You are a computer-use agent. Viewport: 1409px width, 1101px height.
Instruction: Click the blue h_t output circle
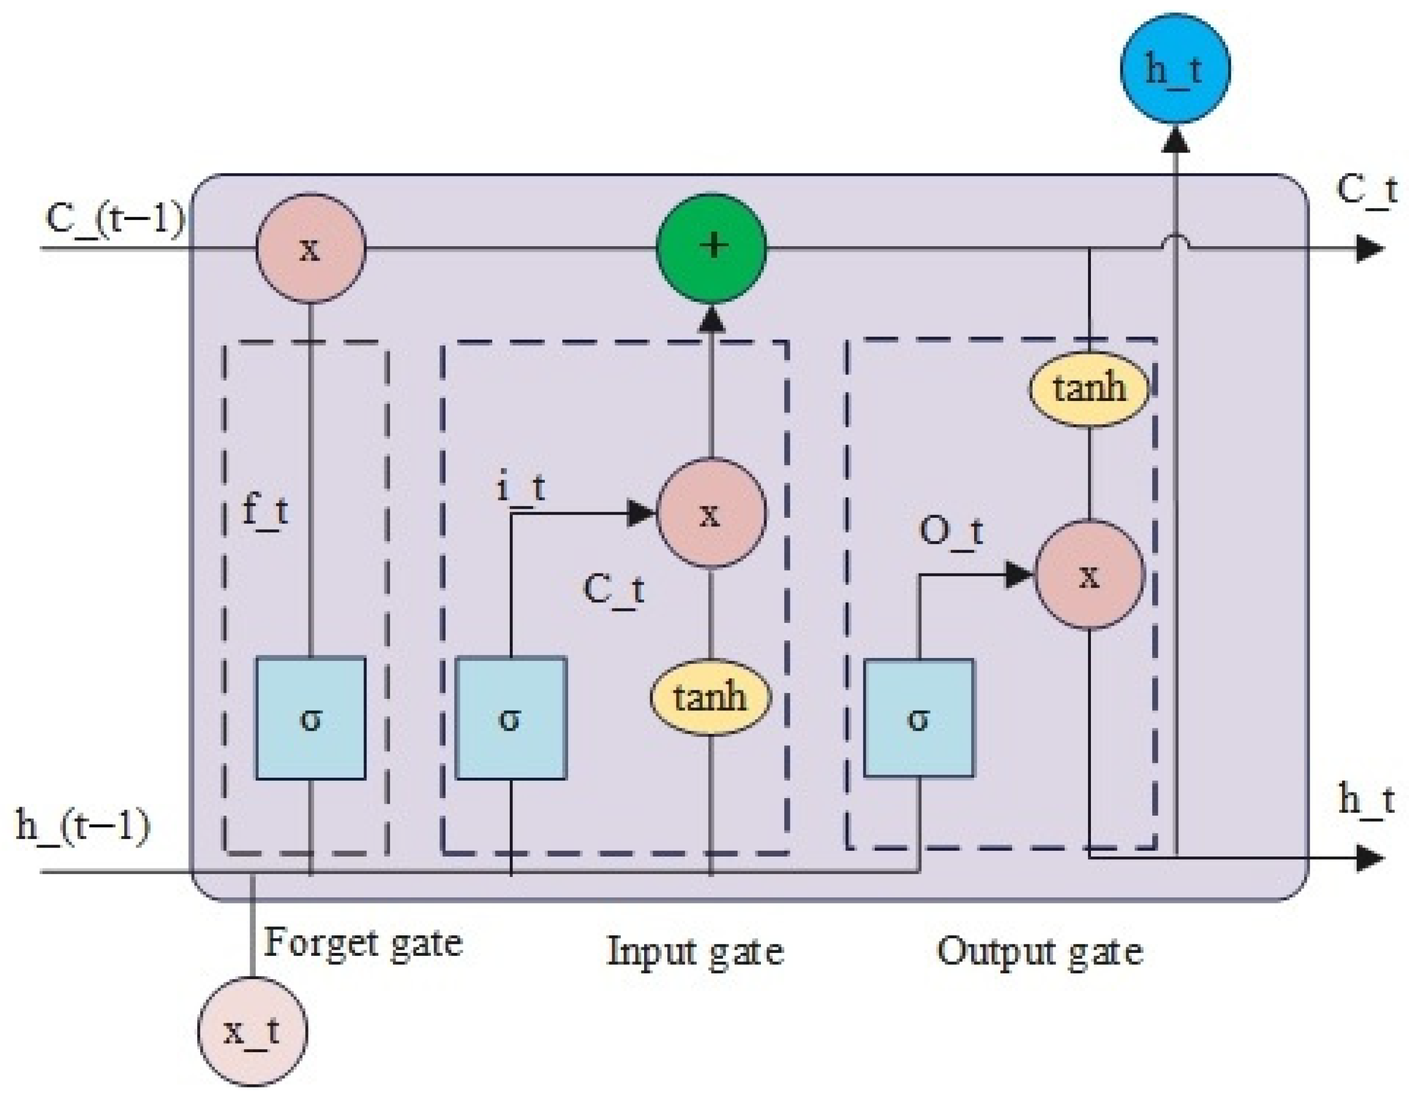point(1175,69)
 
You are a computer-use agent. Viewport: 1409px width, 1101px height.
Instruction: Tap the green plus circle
point(712,247)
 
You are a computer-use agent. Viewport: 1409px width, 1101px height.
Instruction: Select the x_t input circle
point(252,1031)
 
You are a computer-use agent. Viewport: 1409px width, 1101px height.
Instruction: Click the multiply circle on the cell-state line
point(311,248)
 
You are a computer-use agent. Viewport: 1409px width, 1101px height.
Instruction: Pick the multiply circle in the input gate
point(711,514)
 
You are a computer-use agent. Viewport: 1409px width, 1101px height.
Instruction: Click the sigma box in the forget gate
point(311,718)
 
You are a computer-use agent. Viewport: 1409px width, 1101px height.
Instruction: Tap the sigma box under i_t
point(511,718)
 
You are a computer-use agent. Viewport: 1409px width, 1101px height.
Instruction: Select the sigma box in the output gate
point(919,718)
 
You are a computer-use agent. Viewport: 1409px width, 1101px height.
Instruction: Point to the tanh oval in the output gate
point(1089,389)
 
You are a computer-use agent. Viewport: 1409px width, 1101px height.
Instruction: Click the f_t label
point(265,511)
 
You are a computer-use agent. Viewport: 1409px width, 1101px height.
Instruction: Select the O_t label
point(950,533)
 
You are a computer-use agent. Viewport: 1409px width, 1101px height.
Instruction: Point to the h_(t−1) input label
point(83,825)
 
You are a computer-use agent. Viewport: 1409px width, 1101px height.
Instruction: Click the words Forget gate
point(363,943)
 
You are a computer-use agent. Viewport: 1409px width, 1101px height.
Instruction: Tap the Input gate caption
point(696,951)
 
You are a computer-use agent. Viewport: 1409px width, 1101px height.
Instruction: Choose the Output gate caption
point(1039,951)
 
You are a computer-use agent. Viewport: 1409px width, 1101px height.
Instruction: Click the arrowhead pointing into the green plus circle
point(712,319)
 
